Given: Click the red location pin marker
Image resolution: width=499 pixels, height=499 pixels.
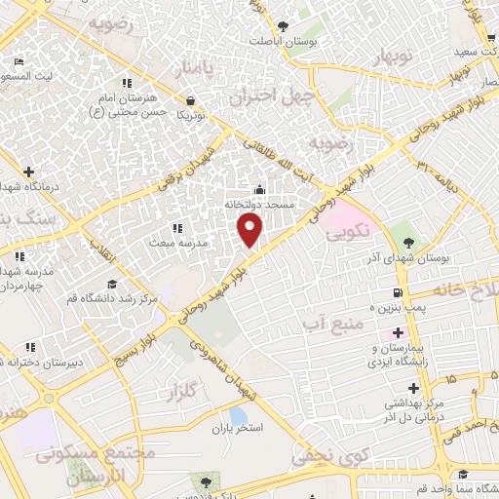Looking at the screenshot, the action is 250,231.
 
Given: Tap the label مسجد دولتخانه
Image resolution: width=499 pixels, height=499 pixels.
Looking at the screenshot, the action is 259,206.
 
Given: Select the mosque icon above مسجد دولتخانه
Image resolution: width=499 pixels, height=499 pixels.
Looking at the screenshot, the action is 259,190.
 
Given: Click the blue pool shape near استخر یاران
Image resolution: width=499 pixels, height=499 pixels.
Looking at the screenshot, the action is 238,416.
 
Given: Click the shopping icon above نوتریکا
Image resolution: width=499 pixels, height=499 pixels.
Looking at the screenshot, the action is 188,99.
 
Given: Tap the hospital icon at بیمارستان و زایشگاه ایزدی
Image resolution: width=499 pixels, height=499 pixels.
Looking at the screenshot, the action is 398,334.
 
